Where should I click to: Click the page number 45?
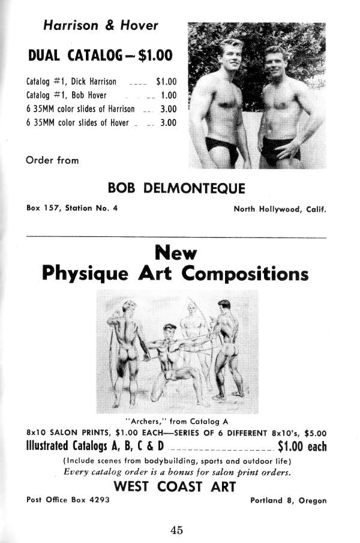[x=176, y=530]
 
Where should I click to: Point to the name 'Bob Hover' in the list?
[x=90, y=95]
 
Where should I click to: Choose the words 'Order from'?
[x=52, y=160]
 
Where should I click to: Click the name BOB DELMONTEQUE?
[x=176, y=189]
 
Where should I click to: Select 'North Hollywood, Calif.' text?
[x=280, y=209]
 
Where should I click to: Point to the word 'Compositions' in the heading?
[x=245, y=274]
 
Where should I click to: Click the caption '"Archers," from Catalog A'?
[x=176, y=419]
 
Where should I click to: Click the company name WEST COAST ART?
[x=175, y=487]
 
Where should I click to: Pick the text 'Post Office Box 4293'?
[x=68, y=500]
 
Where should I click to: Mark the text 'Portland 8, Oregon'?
[x=288, y=500]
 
